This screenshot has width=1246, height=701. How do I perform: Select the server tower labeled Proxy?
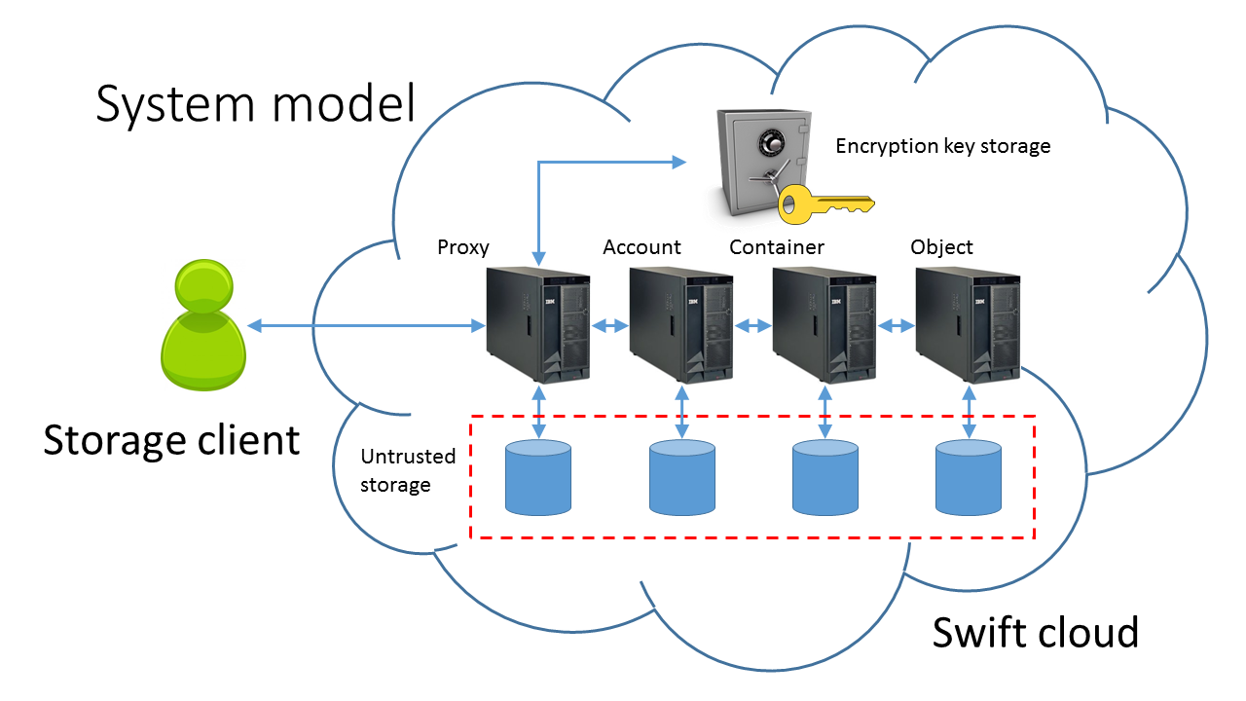pos(538,324)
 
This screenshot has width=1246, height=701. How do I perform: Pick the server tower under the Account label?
pos(681,324)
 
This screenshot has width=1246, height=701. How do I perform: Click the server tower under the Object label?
pos(968,324)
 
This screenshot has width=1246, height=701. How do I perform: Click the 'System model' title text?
pos(255,103)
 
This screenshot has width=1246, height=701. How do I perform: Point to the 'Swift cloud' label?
pos(1035,632)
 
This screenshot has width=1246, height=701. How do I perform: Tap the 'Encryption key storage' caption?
pos(942,146)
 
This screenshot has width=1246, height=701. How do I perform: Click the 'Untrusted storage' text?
pos(395,470)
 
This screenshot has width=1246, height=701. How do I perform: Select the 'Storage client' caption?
pos(171,440)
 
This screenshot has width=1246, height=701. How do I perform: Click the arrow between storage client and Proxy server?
pos(366,325)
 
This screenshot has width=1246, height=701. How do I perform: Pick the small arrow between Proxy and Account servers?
pos(610,326)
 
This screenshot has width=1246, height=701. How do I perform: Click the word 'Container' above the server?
pos(776,247)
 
